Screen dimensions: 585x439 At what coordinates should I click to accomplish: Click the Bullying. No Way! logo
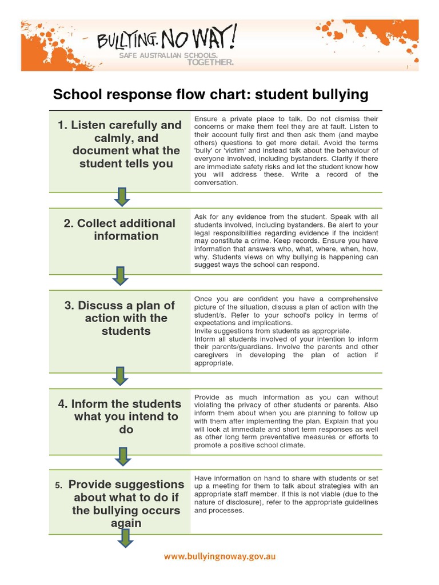tap(166, 40)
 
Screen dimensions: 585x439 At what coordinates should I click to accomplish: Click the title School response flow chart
tap(210, 94)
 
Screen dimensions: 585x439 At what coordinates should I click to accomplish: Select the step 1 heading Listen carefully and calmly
tap(119, 144)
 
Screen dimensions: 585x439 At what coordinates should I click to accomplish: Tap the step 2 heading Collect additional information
tap(119, 230)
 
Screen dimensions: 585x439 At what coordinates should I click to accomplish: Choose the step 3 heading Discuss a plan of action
tap(119, 318)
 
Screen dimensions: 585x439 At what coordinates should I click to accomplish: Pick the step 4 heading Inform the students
tap(119, 416)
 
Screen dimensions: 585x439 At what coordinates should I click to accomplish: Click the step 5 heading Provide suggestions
tap(119, 503)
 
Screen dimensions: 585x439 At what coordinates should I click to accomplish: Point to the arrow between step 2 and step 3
tap(120, 276)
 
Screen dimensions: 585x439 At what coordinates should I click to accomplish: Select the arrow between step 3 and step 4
tap(120, 375)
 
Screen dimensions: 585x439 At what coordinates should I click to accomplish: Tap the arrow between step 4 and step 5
tap(122, 456)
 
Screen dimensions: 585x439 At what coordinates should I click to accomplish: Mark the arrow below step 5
tap(126, 538)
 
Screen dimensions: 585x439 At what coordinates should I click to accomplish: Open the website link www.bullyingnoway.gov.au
tap(219, 556)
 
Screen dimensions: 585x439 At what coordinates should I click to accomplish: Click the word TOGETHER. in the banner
tap(210, 63)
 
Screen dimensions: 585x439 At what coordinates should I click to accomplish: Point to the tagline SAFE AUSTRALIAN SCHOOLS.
tap(168, 56)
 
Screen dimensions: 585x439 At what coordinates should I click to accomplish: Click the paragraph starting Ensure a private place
tap(286, 151)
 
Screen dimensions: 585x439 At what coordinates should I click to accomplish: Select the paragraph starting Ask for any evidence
tap(286, 241)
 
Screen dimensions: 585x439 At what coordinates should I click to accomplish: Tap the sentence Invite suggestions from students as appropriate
tap(273, 331)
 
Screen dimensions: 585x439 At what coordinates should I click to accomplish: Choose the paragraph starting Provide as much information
tap(286, 421)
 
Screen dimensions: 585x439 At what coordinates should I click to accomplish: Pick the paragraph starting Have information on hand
tap(286, 494)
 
